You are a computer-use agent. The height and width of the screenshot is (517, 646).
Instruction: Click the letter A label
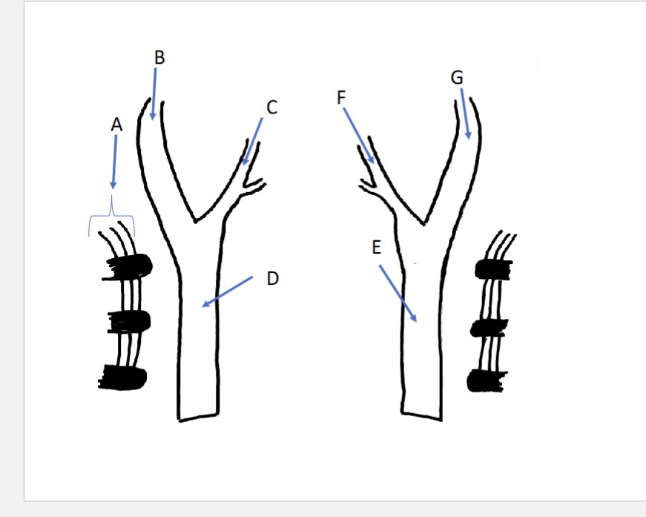click(116, 125)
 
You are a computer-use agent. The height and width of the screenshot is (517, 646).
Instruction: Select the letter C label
click(271, 108)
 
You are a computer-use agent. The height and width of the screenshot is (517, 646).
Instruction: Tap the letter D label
click(272, 279)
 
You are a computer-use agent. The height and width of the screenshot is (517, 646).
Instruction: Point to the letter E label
click(376, 248)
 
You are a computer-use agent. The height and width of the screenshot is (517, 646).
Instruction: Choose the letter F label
click(342, 98)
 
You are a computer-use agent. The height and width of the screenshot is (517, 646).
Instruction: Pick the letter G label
click(458, 77)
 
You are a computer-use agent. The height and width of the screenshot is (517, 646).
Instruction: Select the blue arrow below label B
click(154, 95)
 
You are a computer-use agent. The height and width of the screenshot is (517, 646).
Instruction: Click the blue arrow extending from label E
click(399, 292)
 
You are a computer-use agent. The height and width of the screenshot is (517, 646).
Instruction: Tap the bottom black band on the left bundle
click(124, 377)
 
